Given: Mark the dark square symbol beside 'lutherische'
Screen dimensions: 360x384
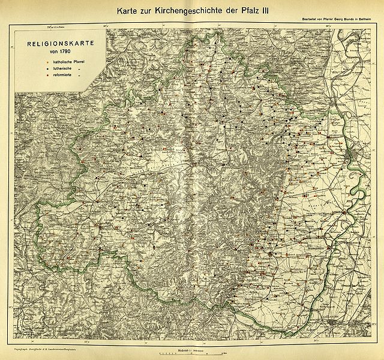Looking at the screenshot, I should (44, 71).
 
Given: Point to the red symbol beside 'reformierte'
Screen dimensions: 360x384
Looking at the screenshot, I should (44, 78).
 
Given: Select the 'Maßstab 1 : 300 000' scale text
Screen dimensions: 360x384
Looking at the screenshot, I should (188, 350).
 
